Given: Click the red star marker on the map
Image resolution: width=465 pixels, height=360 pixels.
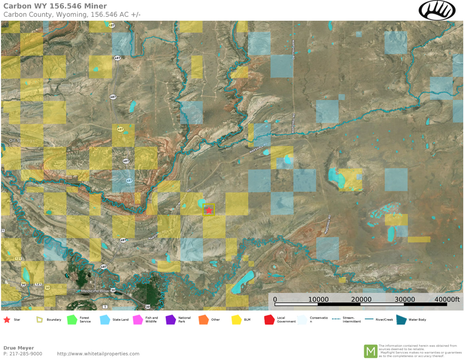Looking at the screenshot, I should [208, 211].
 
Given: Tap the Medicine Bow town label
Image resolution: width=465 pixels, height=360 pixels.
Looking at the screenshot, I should [95, 291].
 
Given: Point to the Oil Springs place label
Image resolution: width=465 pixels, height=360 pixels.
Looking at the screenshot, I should [17, 141].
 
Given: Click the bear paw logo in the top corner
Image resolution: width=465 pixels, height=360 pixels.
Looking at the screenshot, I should [437, 10].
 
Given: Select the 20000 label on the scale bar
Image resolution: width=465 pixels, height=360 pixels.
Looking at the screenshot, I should [361, 300].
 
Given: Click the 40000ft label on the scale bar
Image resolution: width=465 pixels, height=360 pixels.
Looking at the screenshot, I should [447, 300].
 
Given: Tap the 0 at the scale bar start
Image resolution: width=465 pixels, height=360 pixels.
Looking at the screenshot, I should [275, 300].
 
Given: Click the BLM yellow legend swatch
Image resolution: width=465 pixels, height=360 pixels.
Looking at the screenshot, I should [236, 320].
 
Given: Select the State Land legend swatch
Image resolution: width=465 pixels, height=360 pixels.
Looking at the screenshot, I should [105, 320].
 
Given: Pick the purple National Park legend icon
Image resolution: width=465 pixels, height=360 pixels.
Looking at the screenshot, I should [170, 320].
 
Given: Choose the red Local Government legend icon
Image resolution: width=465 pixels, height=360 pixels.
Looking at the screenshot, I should [269, 320].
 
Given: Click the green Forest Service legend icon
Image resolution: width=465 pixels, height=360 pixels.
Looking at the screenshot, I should [72, 320].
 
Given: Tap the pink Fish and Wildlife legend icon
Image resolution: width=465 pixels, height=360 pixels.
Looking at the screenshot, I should [138, 320].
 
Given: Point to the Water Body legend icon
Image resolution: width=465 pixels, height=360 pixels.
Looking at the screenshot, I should [401, 320].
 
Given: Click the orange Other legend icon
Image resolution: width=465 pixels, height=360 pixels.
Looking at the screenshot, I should [203, 320].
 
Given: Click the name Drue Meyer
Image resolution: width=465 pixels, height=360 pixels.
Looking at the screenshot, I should [18, 348].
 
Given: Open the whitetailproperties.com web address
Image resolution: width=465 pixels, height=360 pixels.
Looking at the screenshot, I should [98, 354].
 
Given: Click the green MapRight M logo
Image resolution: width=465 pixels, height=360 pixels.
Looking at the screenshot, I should [371, 351].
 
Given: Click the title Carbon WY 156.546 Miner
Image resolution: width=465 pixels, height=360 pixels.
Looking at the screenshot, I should [55, 6].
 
